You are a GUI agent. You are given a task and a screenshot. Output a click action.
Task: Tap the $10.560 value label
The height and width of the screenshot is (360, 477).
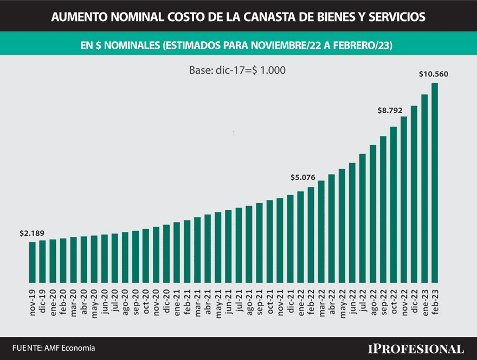(x=434, y=74)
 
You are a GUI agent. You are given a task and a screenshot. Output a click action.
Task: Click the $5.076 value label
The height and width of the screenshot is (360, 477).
(x=303, y=177)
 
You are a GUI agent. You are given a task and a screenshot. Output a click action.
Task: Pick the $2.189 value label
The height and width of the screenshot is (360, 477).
(x=32, y=233)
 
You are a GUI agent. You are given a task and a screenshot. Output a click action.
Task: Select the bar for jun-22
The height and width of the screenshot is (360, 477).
(x=352, y=222)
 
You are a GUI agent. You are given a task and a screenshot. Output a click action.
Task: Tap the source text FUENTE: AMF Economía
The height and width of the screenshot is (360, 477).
(x=50, y=348)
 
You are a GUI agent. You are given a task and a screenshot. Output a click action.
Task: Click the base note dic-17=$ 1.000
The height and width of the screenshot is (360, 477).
(x=237, y=70)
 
